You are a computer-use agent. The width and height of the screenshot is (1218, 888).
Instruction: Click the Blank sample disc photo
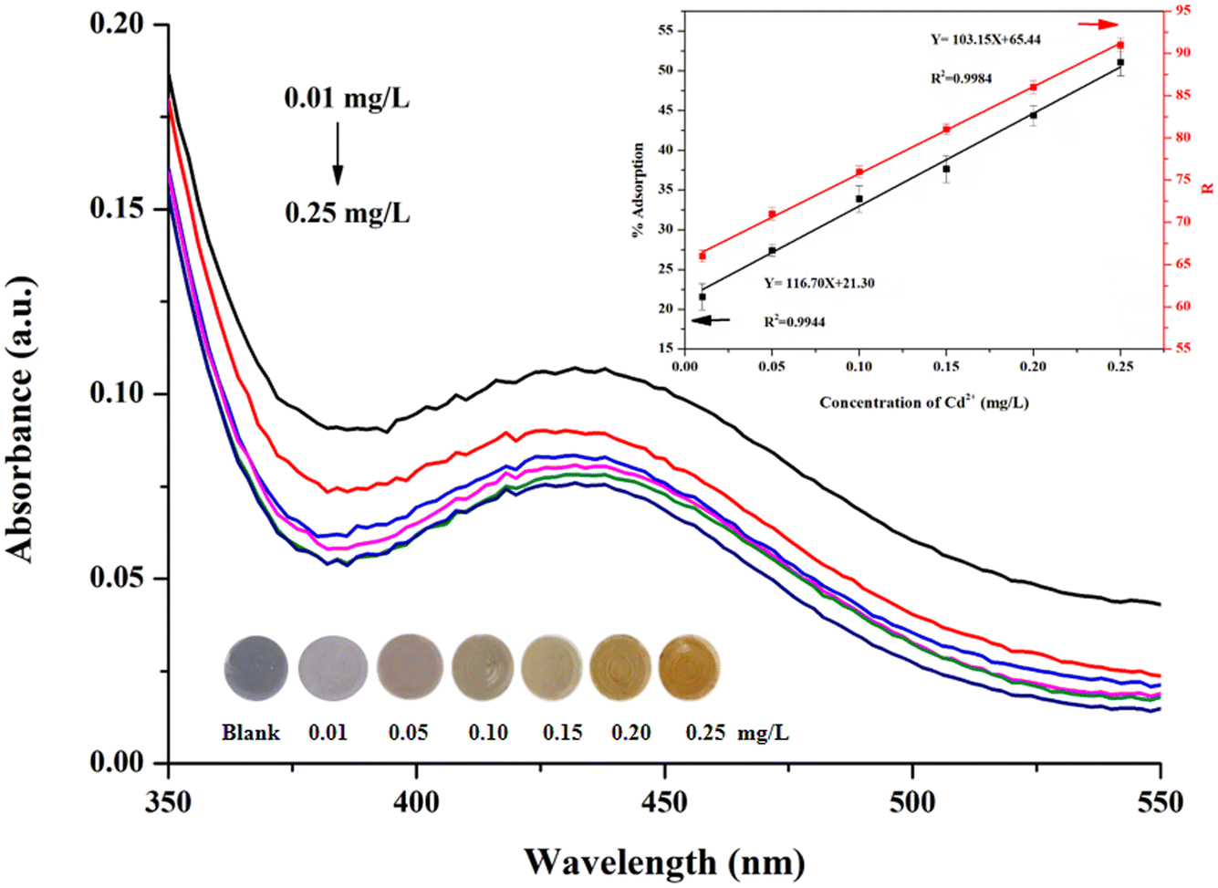click(255, 668)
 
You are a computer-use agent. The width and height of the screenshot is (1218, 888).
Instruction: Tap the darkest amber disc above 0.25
click(689, 668)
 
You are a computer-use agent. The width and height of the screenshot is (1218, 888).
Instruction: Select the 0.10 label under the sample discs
click(488, 734)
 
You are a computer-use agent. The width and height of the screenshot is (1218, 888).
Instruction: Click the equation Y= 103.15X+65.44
click(986, 39)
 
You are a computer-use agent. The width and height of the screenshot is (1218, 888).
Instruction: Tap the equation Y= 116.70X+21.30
click(819, 283)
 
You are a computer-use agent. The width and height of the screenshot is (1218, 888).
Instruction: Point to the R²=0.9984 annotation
click(962, 78)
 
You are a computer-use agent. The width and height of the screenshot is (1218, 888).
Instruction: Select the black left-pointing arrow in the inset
click(711, 320)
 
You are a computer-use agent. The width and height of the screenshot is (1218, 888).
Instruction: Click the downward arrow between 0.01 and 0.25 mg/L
click(338, 152)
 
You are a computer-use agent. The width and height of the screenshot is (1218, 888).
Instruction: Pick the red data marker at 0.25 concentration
click(1120, 45)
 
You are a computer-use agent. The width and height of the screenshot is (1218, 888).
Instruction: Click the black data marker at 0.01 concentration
click(703, 297)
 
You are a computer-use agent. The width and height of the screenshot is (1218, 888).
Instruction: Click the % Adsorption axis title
click(638, 191)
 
